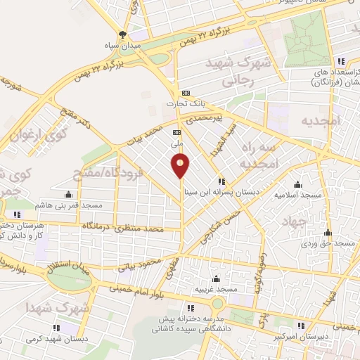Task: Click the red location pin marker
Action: tap(181, 165)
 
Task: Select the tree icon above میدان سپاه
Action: tap(124, 34)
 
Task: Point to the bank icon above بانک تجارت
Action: tap(186, 93)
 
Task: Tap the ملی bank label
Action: tap(178, 142)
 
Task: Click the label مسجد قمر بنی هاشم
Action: tap(69, 205)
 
